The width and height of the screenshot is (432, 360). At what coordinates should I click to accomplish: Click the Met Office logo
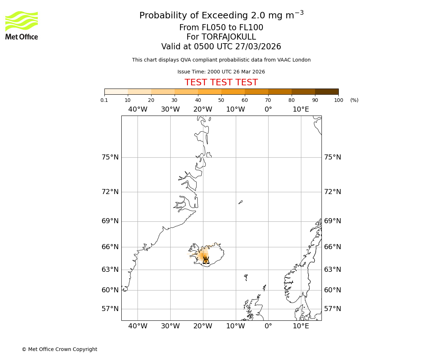pos(22,25)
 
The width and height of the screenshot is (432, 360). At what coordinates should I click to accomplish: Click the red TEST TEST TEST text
pos(221,83)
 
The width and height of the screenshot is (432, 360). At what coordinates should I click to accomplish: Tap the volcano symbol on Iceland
pos(206,260)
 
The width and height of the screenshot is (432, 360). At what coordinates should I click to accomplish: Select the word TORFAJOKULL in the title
pos(229,37)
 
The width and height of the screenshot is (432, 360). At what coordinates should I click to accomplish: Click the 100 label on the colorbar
pos(338,100)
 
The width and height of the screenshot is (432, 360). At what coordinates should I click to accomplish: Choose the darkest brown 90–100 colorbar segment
pos(327,91)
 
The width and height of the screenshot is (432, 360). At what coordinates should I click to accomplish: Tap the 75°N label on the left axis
pos(110,157)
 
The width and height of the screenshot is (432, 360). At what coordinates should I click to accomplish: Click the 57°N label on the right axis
pos(333,309)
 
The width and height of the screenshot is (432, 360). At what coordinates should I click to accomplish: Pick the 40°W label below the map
pos(138,326)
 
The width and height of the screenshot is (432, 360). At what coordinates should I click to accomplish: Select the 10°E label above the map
pos(301,109)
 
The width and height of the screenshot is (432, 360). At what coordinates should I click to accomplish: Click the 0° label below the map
pos(268,326)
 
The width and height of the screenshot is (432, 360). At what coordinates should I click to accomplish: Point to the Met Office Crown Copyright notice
pos(59,349)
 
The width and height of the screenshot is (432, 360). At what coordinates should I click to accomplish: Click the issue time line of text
pos(221,72)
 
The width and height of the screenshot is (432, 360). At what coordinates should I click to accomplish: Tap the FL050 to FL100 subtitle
pos(221,28)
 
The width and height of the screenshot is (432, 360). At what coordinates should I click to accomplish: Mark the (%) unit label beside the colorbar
pos(354,100)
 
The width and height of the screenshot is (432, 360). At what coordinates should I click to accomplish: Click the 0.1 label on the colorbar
pos(104,100)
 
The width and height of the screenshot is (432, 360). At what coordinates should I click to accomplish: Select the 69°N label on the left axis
pos(110,221)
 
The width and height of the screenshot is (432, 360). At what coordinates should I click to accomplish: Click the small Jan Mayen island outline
pos(240,202)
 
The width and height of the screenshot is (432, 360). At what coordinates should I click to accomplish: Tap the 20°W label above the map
pos(203,109)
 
